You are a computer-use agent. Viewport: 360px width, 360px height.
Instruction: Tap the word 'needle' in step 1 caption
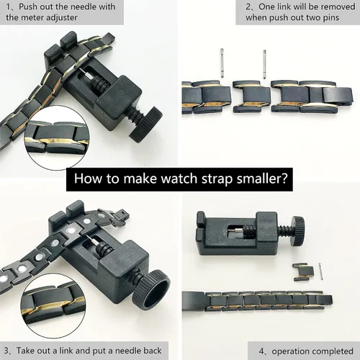click(80, 6)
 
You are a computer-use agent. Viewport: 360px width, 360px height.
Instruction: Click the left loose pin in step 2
click(222, 63)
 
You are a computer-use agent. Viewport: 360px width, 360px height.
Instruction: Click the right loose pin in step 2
click(265, 64)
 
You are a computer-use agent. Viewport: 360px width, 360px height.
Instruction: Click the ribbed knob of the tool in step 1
click(146, 123)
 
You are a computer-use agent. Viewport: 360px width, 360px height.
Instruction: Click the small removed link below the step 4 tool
click(303, 271)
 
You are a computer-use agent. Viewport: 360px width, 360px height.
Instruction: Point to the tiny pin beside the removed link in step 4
click(321, 271)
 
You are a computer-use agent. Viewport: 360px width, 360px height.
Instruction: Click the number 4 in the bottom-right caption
click(261, 351)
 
